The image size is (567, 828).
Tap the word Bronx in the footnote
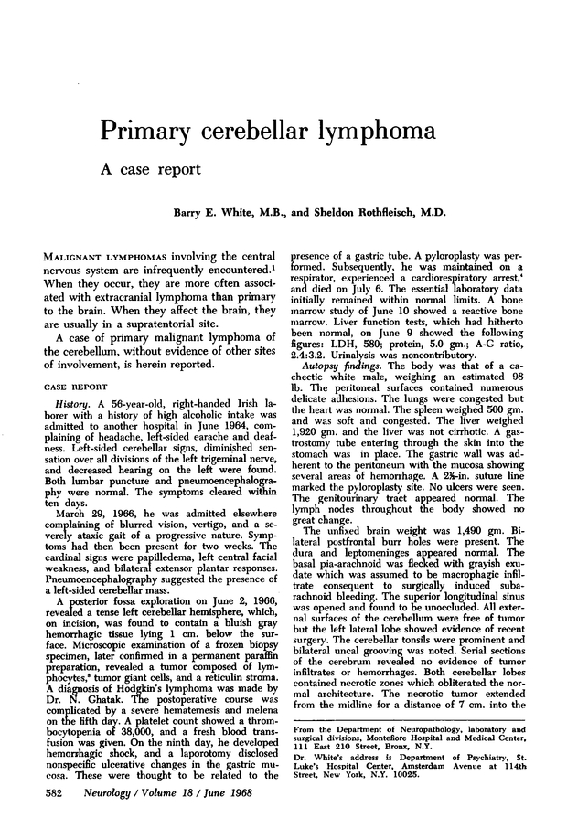(377, 743)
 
